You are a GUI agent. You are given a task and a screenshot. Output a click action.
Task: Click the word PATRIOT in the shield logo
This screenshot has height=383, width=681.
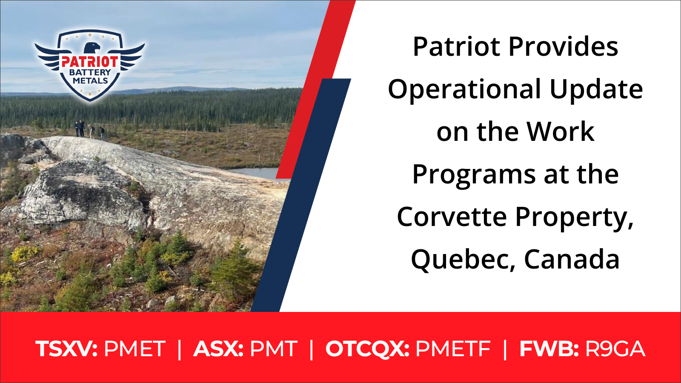tap(90, 62)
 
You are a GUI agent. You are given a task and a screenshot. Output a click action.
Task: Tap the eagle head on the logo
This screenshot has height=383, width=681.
tap(92, 48)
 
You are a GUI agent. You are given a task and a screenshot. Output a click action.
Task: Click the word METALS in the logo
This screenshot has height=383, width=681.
tap(90, 81)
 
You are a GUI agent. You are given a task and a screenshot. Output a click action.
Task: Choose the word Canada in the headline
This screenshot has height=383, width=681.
tap(572, 259)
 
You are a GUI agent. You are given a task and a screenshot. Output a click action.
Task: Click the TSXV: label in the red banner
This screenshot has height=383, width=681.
tap(66, 349)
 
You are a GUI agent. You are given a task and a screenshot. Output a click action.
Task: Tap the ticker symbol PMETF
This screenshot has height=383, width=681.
tap(453, 349)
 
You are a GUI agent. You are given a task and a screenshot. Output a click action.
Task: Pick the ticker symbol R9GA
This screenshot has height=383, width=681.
tap(615, 349)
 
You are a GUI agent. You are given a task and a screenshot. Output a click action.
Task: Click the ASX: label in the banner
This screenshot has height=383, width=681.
tap(218, 349)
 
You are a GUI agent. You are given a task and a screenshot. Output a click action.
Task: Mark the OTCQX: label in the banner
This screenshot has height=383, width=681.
tap(367, 349)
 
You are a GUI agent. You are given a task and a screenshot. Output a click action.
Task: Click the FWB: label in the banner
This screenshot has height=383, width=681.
tap(549, 349)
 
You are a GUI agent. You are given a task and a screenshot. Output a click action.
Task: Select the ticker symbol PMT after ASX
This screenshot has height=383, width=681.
tap(273, 349)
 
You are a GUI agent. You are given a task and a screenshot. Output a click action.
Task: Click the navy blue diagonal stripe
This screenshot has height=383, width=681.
tap(301, 194)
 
